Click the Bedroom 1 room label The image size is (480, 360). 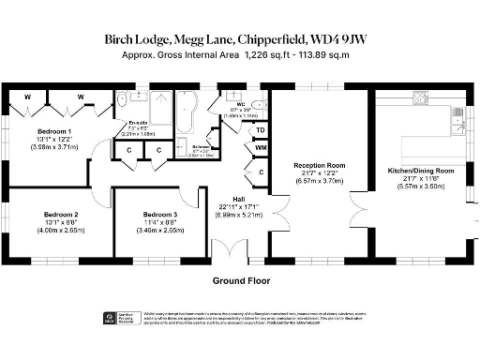pyautogui.click(x=54, y=131)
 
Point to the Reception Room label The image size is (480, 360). pyautogui.click(x=319, y=165)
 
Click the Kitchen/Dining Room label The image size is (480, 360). pyautogui.click(x=421, y=172)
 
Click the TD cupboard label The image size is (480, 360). pyautogui.click(x=261, y=130)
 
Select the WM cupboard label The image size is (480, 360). pyautogui.click(x=261, y=148)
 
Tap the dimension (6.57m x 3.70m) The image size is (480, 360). pyautogui.click(x=319, y=181)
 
